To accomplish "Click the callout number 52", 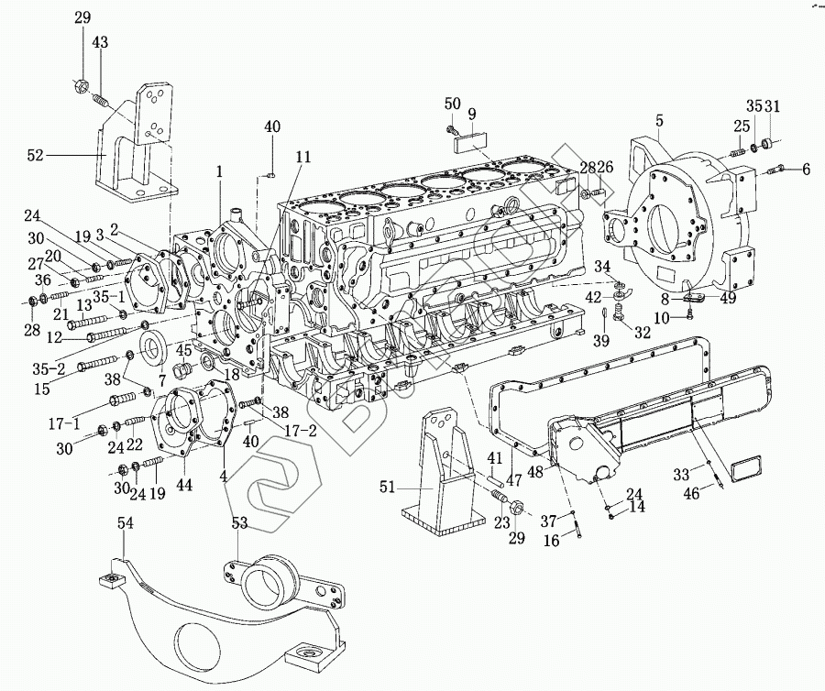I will [x=36, y=156].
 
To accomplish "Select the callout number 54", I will [x=126, y=522].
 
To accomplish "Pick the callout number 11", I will [x=303, y=157].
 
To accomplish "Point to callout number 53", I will [x=239, y=522].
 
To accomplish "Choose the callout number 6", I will [x=807, y=169].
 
